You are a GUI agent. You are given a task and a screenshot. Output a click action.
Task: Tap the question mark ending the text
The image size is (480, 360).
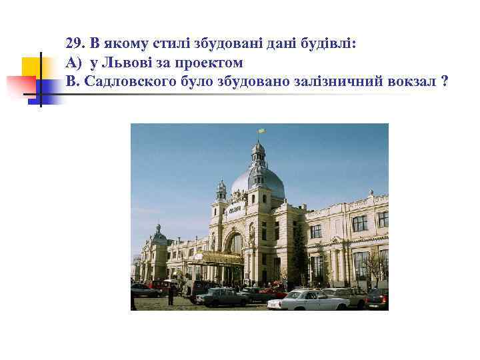[444, 82]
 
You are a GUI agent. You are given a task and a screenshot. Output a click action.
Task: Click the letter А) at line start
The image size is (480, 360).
[73, 63]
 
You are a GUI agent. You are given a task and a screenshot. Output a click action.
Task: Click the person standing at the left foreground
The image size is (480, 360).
[171, 294]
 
